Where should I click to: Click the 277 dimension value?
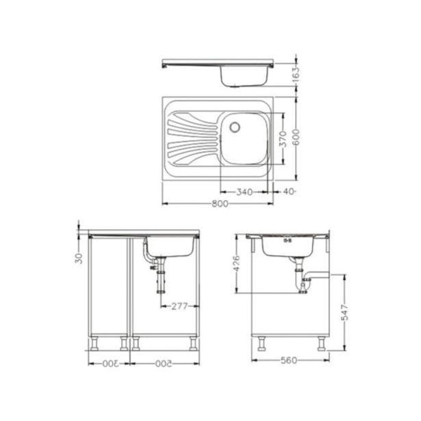(x=179, y=305)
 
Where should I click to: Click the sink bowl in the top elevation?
(x=242, y=76)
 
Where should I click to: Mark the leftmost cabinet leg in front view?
(x=93, y=342)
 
